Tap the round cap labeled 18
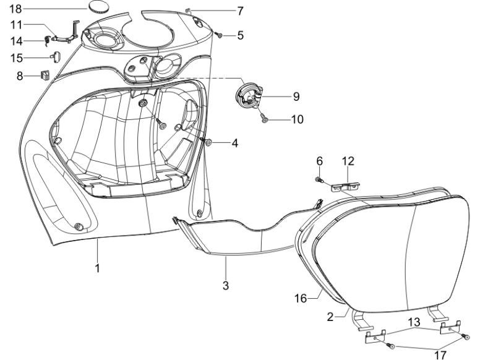click(100, 8)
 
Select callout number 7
click(240, 11)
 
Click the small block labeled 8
click(45, 76)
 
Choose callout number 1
click(97, 268)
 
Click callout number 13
click(414, 322)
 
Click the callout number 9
click(296, 96)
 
